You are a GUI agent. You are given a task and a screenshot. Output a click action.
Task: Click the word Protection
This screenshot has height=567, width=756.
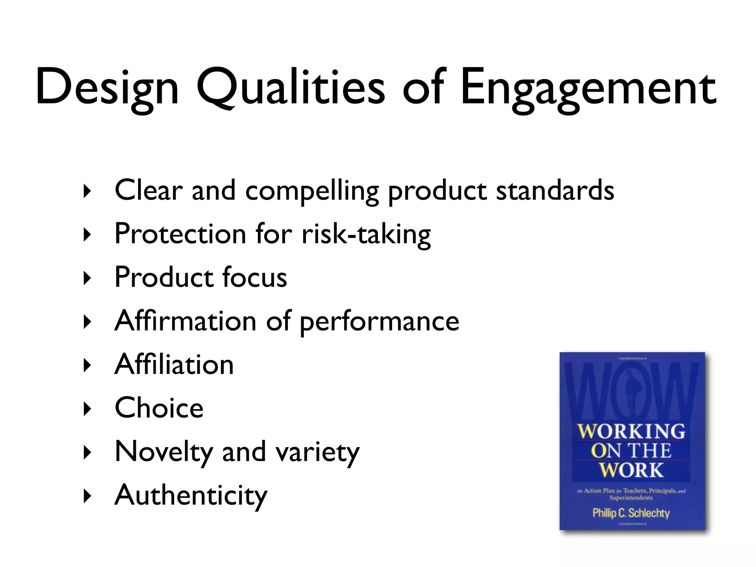point(181,234)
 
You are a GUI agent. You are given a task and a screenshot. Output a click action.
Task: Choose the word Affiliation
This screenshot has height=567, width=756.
point(174,364)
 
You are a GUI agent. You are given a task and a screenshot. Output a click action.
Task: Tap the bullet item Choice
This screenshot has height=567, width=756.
point(159,408)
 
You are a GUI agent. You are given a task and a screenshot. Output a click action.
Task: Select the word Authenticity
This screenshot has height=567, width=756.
point(191,495)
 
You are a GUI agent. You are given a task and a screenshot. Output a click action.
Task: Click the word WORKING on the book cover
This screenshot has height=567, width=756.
point(631,432)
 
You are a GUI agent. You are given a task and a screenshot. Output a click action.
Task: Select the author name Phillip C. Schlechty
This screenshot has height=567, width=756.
point(631,513)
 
